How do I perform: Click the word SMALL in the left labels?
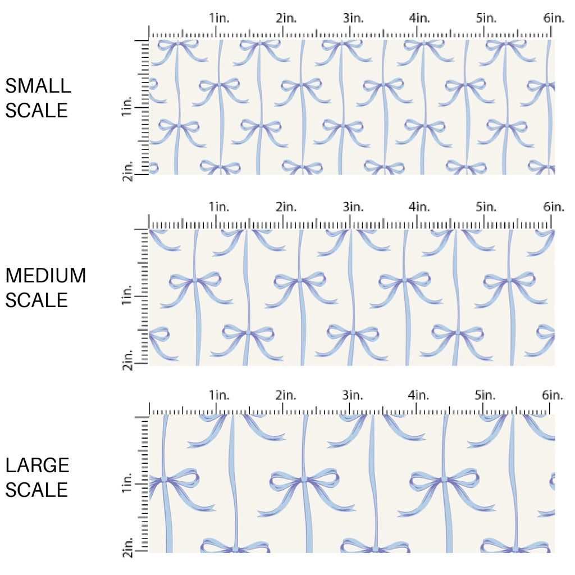click(x=38, y=86)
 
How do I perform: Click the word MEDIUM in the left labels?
click(x=46, y=276)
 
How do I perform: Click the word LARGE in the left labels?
click(x=38, y=465)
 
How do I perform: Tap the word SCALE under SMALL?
click(x=36, y=110)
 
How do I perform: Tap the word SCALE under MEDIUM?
click(x=36, y=300)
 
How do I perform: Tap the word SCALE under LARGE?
click(x=36, y=490)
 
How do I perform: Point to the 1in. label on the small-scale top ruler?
click(x=219, y=19)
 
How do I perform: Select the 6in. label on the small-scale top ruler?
click(x=554, y=19)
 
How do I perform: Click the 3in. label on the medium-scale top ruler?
click(x=353, y=207)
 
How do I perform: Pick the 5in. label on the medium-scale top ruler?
click(x=486, y=207)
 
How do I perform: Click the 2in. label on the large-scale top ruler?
click(x=286, y=396)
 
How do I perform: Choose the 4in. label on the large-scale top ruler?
click(x=419, y=396)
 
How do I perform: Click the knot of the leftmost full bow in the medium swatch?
click(x=195, y=279)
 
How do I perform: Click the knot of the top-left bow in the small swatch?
click(x=178, y=43)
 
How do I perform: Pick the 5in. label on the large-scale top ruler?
click(x=486, y=396)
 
